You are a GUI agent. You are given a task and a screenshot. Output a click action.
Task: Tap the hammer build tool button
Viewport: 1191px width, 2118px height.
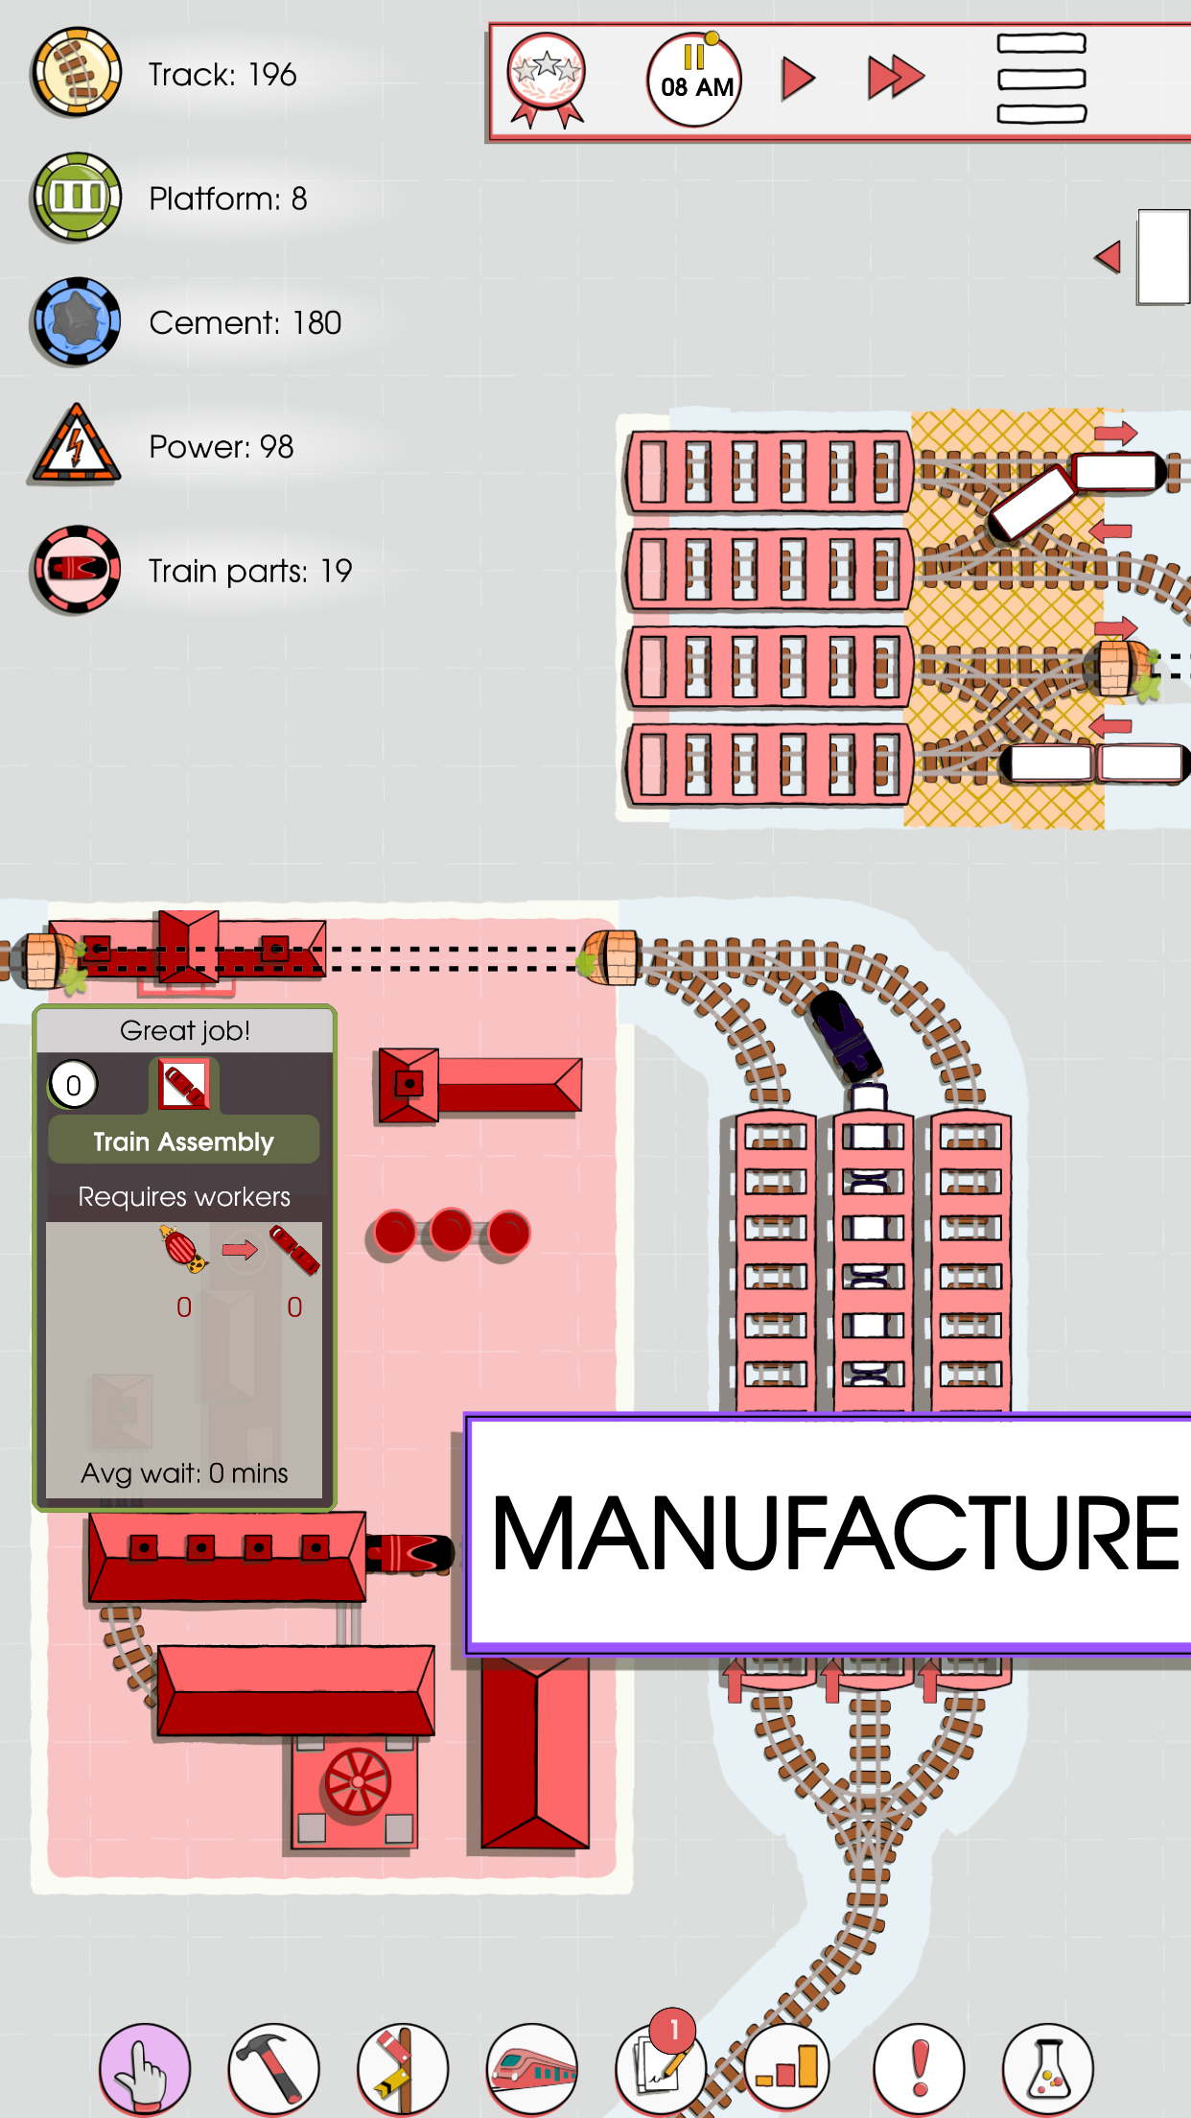(x=273, y=2068)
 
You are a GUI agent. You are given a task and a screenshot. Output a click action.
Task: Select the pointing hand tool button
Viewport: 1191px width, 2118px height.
(x=145, y=2068)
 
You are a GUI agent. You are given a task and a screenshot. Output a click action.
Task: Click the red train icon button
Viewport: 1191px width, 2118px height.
(x=532, y=2068)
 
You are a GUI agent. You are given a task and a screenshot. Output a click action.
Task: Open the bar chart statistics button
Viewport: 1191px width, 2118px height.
(x=788, y=2068)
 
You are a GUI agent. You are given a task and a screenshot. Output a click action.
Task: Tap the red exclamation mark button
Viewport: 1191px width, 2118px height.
(x=919, y=2068)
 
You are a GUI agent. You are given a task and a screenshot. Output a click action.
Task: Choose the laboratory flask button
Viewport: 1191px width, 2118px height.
(x=1047, y=2068)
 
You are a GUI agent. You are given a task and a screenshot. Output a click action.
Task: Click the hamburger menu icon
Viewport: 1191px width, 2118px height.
(x=1041, y=79)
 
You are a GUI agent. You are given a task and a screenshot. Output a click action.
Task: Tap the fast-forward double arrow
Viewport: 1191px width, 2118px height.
(x=895, y=79)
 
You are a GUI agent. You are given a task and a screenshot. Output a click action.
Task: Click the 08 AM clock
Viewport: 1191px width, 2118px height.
(x=695, y=82)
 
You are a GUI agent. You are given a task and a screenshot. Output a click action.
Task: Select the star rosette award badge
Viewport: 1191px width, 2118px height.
(x=547, y=79)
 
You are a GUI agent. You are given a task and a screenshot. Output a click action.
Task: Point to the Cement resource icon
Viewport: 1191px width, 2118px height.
(x=76, y=322)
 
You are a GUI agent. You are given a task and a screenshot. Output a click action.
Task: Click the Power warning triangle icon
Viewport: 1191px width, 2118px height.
(x=76, y=446)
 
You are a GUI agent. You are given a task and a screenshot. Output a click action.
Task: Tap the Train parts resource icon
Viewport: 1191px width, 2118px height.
(x=76, y=570)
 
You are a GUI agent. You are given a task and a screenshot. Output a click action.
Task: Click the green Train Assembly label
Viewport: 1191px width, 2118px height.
(x=184, y=1141)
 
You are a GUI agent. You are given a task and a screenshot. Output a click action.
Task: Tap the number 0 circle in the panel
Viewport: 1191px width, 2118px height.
(x=74, y=1085)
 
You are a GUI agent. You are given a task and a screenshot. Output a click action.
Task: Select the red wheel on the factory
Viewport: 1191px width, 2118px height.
(x=358, y=1782)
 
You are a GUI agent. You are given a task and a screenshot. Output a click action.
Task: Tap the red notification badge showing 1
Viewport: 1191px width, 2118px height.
(x=674, y=2030)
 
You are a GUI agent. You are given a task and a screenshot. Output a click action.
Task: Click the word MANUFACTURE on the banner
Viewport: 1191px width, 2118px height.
(x=834, y=1535)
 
